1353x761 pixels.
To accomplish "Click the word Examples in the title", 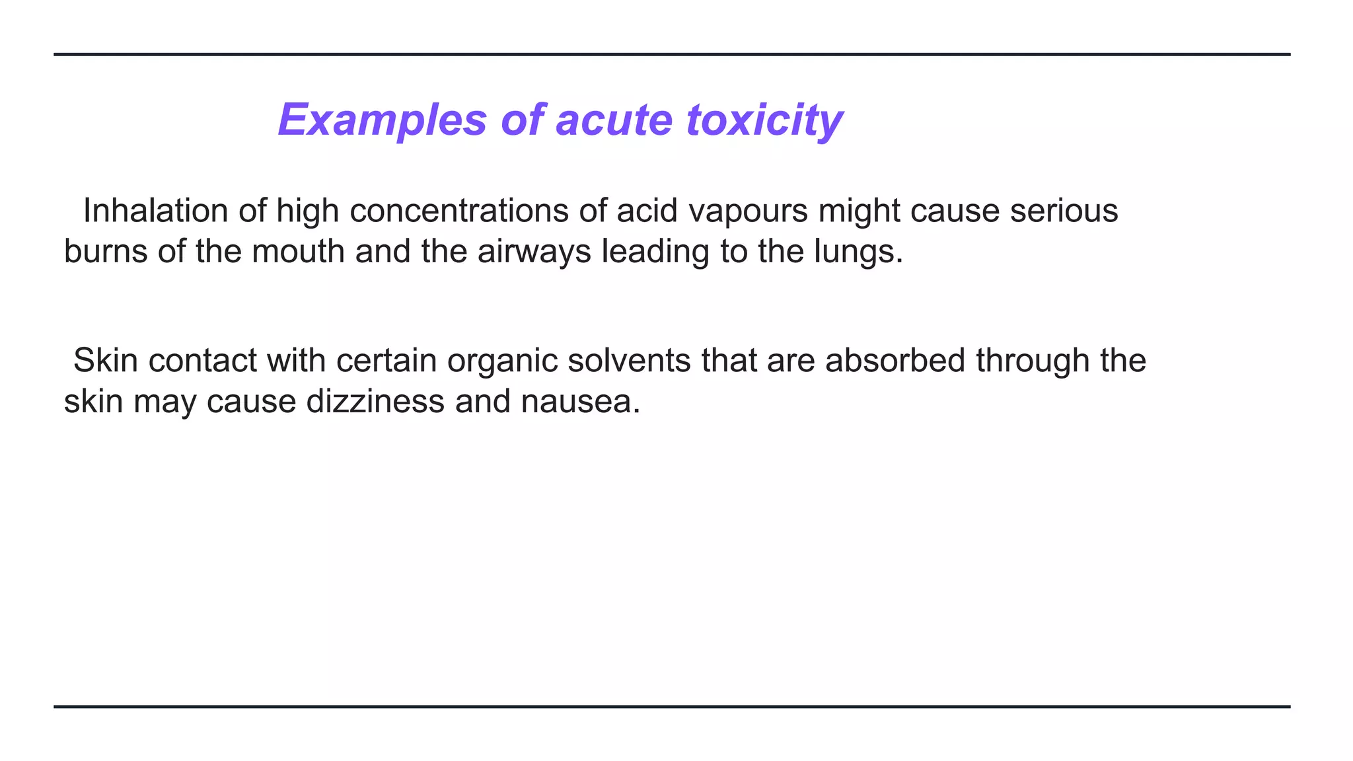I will (382, 120).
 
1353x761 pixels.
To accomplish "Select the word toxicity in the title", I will (764, 120).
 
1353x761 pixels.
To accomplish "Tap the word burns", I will (105, 252).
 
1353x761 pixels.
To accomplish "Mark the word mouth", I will (298, 252).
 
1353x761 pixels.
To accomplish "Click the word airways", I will (534, 252).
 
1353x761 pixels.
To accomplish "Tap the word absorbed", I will (895, 361).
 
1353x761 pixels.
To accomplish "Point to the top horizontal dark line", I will (671, 54).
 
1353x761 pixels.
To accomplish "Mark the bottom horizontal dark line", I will (671, 707).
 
